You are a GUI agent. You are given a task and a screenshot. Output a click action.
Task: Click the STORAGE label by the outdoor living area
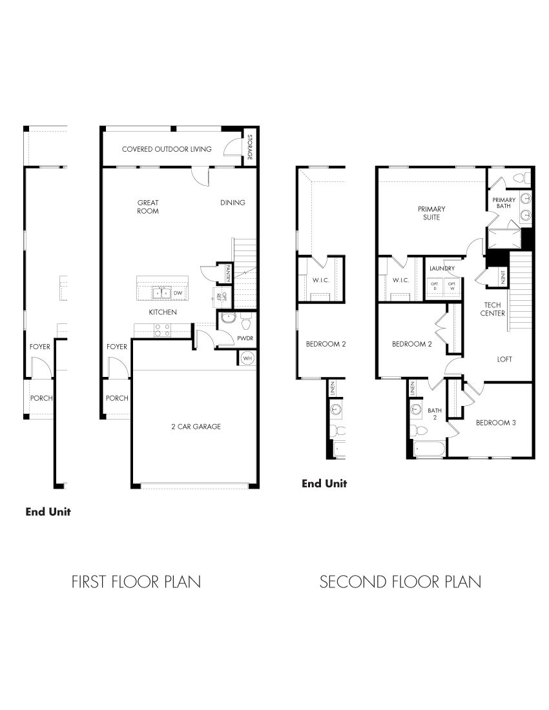pyautogui.click(x=249, y=148)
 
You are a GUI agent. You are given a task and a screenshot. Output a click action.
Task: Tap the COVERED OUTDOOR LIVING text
pyautogui.click(x=167, y=149)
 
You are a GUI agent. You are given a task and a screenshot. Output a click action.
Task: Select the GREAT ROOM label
pyautogui.click(x=148, y=207)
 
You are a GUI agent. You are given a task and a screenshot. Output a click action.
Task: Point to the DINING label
pyautogui.click(x=233, y=203)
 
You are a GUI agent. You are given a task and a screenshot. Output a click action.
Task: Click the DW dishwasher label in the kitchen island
pyautogui.click(x=178, y=293)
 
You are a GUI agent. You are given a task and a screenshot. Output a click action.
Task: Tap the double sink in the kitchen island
pyautogui.click(x=161, y=293)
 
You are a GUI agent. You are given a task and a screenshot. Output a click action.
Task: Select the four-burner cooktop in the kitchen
pyautogui.click(x=162, y=330)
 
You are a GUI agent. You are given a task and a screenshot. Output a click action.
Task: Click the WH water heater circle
pyautogui.click(x=247, y=358)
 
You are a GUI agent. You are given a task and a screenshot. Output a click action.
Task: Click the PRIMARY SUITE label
pyautogui.click(x=431, y=213)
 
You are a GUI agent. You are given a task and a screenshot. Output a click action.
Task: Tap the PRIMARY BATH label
pyautogui.click(x=504, y=203)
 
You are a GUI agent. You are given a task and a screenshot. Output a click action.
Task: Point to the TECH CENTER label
pyautogui.click(x=495, y=309)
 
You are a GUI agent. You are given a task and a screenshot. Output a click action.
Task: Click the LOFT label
pyautogui.click(x=504, y=360)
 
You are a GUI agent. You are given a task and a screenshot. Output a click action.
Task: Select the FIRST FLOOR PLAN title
pyautogui.click(x=136, y=582)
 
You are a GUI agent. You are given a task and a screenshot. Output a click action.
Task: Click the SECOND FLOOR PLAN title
pyautogui.click(x=400, y=582)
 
